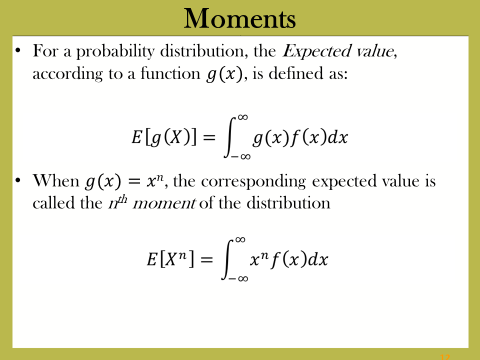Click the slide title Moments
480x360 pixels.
coord(239,18)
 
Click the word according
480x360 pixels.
coord(67,74)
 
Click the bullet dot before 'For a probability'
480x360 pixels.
coord(18,50)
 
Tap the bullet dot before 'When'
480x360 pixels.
coord(18,180)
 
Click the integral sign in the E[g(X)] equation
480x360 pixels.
coord(230,137)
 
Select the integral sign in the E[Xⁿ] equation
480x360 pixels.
coord(228,259)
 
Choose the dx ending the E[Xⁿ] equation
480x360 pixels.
coord(318,259)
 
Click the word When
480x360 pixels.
coord(55,180)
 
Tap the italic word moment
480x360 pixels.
coord(164,203)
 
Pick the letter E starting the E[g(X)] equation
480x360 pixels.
coord(136,137)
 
